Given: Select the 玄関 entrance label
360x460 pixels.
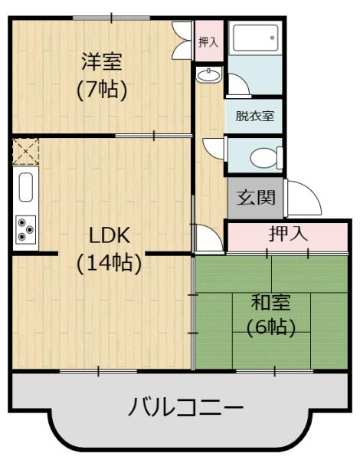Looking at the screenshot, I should (x=256, y=198).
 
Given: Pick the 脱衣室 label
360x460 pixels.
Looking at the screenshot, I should (x=255, y=117).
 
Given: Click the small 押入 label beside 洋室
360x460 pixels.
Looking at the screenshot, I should (x=207, y=43).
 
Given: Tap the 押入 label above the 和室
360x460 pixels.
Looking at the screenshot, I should (x=288, y=234).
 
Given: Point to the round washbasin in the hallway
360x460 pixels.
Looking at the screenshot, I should (x=208, y=76).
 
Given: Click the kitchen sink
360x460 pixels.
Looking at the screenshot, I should (x=25, y=188).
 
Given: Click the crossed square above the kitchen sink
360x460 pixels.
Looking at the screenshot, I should (x=25, y=151).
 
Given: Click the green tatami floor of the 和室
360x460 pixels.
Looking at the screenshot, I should (x=230, y=345).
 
